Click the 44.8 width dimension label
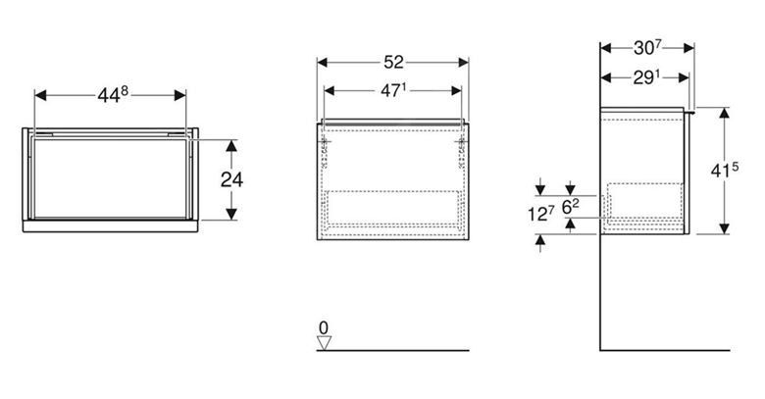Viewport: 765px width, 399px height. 113,95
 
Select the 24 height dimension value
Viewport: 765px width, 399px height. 231,180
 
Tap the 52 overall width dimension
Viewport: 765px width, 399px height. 393,63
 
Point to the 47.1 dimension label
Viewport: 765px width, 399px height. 393,90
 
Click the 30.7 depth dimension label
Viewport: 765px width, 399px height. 647,48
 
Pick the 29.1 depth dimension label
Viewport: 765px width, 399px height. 646,77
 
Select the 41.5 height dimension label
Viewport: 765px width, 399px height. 725,171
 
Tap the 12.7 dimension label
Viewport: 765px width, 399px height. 540,214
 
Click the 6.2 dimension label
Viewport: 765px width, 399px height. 571,207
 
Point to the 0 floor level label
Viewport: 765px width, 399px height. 324,327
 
